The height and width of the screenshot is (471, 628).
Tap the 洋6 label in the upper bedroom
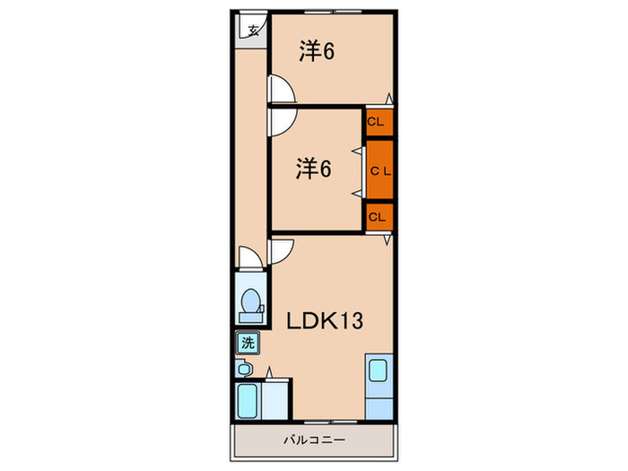[317, 52]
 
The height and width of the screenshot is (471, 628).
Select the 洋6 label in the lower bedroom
[314, 168]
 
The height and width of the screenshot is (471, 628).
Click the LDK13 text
[324, 320]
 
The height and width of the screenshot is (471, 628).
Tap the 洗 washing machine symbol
[246, 342]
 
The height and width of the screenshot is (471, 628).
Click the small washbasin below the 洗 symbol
[243, 369]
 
